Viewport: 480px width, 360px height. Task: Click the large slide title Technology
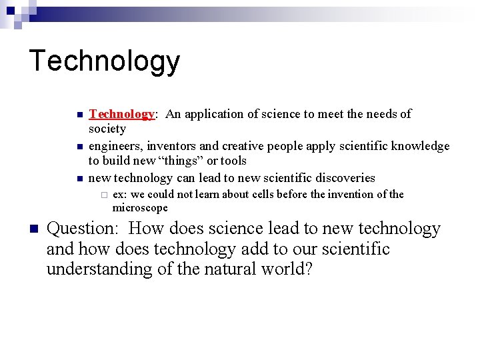click(105, 61)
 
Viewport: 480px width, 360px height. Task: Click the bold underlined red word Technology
click(121, 114)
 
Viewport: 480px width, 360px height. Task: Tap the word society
click(107, 129)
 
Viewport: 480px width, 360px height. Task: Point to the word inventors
click(172, 146)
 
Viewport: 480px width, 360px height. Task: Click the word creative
click(243, 146)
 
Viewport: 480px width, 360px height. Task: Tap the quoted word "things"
click(176, 161)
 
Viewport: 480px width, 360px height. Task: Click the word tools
click(233, 161)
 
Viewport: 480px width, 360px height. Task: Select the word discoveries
click(341, 178)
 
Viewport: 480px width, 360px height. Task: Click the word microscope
click(140, 208)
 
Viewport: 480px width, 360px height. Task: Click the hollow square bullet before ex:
click(103, 195)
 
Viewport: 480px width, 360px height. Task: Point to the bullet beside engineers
click(79, 147)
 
